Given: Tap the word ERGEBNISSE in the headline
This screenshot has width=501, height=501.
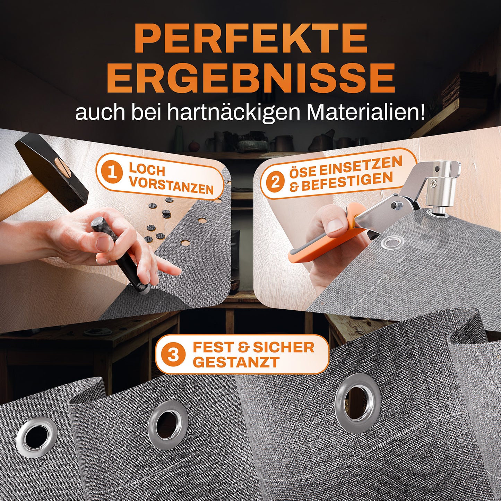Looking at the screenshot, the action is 251,77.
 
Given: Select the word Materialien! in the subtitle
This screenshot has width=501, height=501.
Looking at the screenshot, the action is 366,112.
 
